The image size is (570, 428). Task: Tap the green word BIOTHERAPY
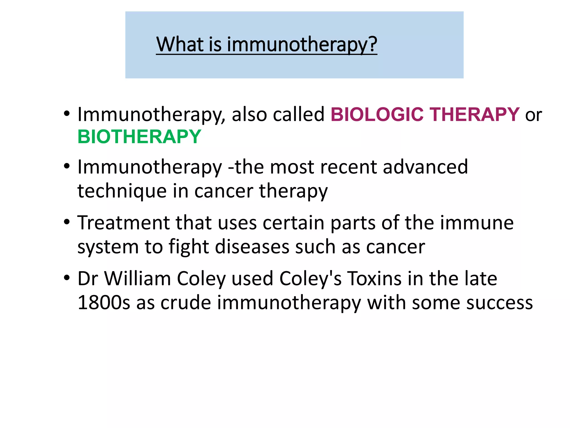(139, 137)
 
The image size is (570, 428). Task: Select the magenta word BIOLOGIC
(377, 115)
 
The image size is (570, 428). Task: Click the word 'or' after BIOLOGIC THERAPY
(533, 115)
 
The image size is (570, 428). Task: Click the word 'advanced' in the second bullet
(425, 167)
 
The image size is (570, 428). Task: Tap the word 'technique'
(122, 191)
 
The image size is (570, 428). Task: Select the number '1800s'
(104, 303)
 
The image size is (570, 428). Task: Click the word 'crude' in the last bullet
(186, 303)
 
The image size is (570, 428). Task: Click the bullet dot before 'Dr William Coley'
(67, 278)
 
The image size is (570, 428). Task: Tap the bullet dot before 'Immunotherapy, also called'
(67, 114)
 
